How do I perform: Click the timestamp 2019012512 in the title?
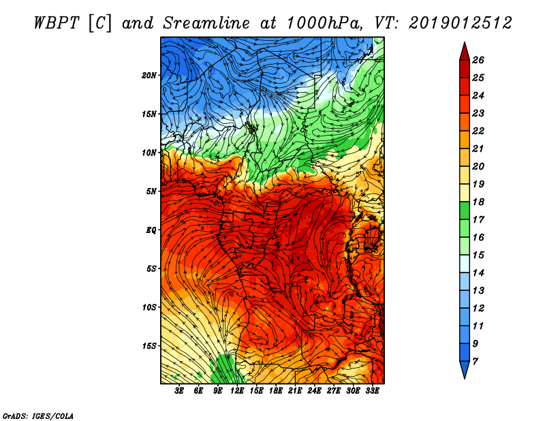(x=460, y=22)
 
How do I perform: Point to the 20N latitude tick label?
(x=149, y=75)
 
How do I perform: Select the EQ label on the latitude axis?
(x=151, y=230)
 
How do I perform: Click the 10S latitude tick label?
(x=149, y=307)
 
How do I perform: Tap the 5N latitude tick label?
(x=151, y=191)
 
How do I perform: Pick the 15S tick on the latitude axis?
(x=149, y=346)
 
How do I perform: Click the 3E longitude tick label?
(x=179, y=392)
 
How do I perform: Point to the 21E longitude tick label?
(x=295, y=392)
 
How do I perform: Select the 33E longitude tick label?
(x=373, y=392)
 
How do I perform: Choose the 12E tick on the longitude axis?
(x=237, y=392)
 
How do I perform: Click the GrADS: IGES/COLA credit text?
(x=37, y=415)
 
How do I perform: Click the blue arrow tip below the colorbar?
(x=463, y=373)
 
